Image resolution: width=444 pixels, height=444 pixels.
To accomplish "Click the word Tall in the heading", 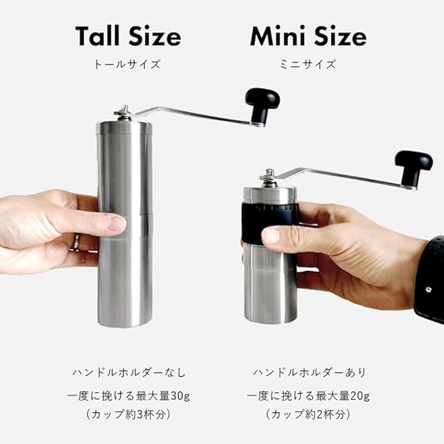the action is tap(97, 36).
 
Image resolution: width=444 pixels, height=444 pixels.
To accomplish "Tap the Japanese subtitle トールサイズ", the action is tap(127, 65).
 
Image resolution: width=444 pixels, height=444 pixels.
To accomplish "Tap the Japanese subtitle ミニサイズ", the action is tap(308, 65).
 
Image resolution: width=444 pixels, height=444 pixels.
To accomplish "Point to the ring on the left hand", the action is tap(76, 243).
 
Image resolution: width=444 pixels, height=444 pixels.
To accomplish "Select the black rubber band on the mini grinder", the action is tap(269, 222).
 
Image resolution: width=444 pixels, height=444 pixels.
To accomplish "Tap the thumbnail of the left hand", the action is tap(116, 223).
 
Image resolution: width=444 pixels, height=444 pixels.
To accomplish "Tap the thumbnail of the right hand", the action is tap(271, 236).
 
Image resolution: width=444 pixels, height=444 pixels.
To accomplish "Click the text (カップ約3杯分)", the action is tap(129, 415).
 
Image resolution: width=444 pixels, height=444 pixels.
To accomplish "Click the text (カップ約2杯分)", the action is tap(308, 415).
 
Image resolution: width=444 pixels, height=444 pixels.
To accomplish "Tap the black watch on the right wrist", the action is tap(430, 280).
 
